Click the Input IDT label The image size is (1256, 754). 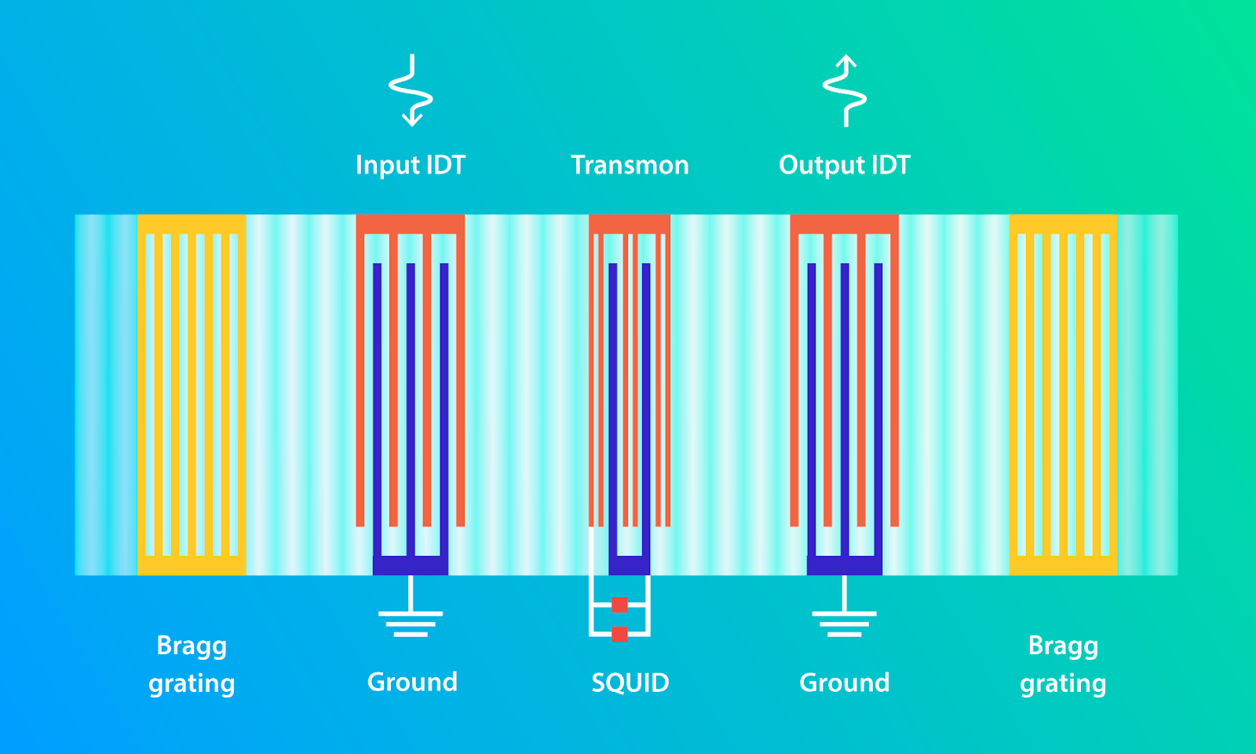pos(411,165)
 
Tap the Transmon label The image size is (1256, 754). pos(630,165)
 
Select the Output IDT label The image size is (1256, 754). pos(845,166)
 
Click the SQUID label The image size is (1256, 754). pos(630,683)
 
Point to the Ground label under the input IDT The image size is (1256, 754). pos(412,683)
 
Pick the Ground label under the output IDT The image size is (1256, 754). pos(845,683)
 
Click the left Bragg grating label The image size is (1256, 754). pos(192,664)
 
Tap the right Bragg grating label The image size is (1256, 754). pos(1063,664)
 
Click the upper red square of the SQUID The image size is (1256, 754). pos(619,605)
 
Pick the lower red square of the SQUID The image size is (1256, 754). pos(619,634)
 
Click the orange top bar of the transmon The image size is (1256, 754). pos(630,224)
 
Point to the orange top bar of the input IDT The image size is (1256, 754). pos(411,224)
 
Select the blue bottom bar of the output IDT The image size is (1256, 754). pos(845,565)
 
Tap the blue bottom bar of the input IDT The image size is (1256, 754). pos(411,565)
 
